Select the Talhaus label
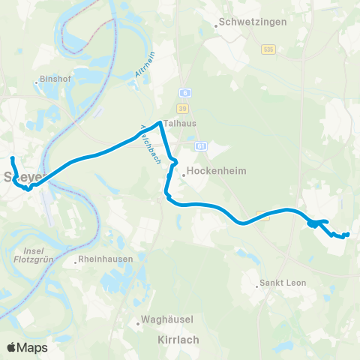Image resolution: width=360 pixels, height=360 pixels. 180,126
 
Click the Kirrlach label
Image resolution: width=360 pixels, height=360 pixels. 178,340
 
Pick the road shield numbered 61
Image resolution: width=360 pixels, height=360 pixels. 201,145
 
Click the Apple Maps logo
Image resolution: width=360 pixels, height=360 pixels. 27,347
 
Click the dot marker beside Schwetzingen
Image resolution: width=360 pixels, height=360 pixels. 216,25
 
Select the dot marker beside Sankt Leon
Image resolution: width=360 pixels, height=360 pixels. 255,285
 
